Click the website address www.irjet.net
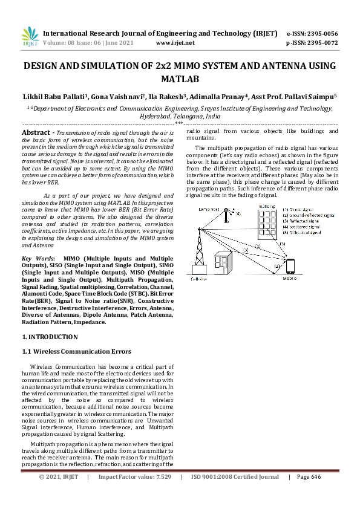click(x=175, y=44)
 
